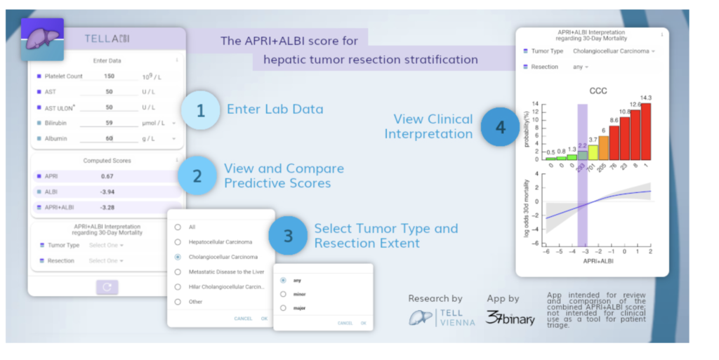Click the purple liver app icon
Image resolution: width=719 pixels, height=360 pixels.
click(43, 39)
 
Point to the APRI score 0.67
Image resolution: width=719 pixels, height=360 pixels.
click(107, 176)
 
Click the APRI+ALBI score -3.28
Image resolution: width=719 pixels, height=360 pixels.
click(107, 207)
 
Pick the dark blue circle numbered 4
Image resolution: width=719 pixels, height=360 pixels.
click(499, 127)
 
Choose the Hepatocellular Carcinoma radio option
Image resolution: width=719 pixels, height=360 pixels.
click(178, 241)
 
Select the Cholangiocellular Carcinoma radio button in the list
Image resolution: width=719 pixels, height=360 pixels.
click(178, 257)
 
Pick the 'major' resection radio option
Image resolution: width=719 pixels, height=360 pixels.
click(283, 307)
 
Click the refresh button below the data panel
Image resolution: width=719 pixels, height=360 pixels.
click(107, 287)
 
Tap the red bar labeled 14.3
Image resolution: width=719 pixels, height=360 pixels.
click(646, 131)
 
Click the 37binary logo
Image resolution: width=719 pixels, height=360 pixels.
click(510, 318)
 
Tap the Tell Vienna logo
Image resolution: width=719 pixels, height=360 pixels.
click(442, 317)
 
